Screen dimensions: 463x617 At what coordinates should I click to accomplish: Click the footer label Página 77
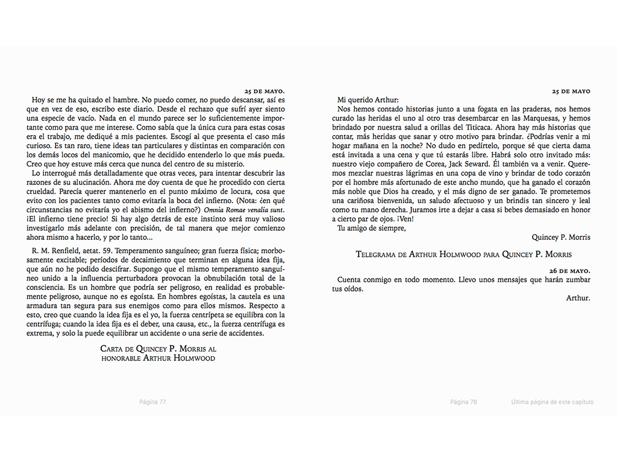coord(152,402)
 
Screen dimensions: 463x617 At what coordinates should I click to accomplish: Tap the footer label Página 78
coord(463,402)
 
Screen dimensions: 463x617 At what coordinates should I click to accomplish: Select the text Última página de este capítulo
coord(552,402)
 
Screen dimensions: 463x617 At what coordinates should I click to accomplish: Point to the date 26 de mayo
coord(572,270)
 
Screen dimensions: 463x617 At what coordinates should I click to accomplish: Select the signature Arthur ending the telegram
coord(578,298)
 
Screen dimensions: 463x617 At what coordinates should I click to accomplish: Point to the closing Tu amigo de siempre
coord(371,227)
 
